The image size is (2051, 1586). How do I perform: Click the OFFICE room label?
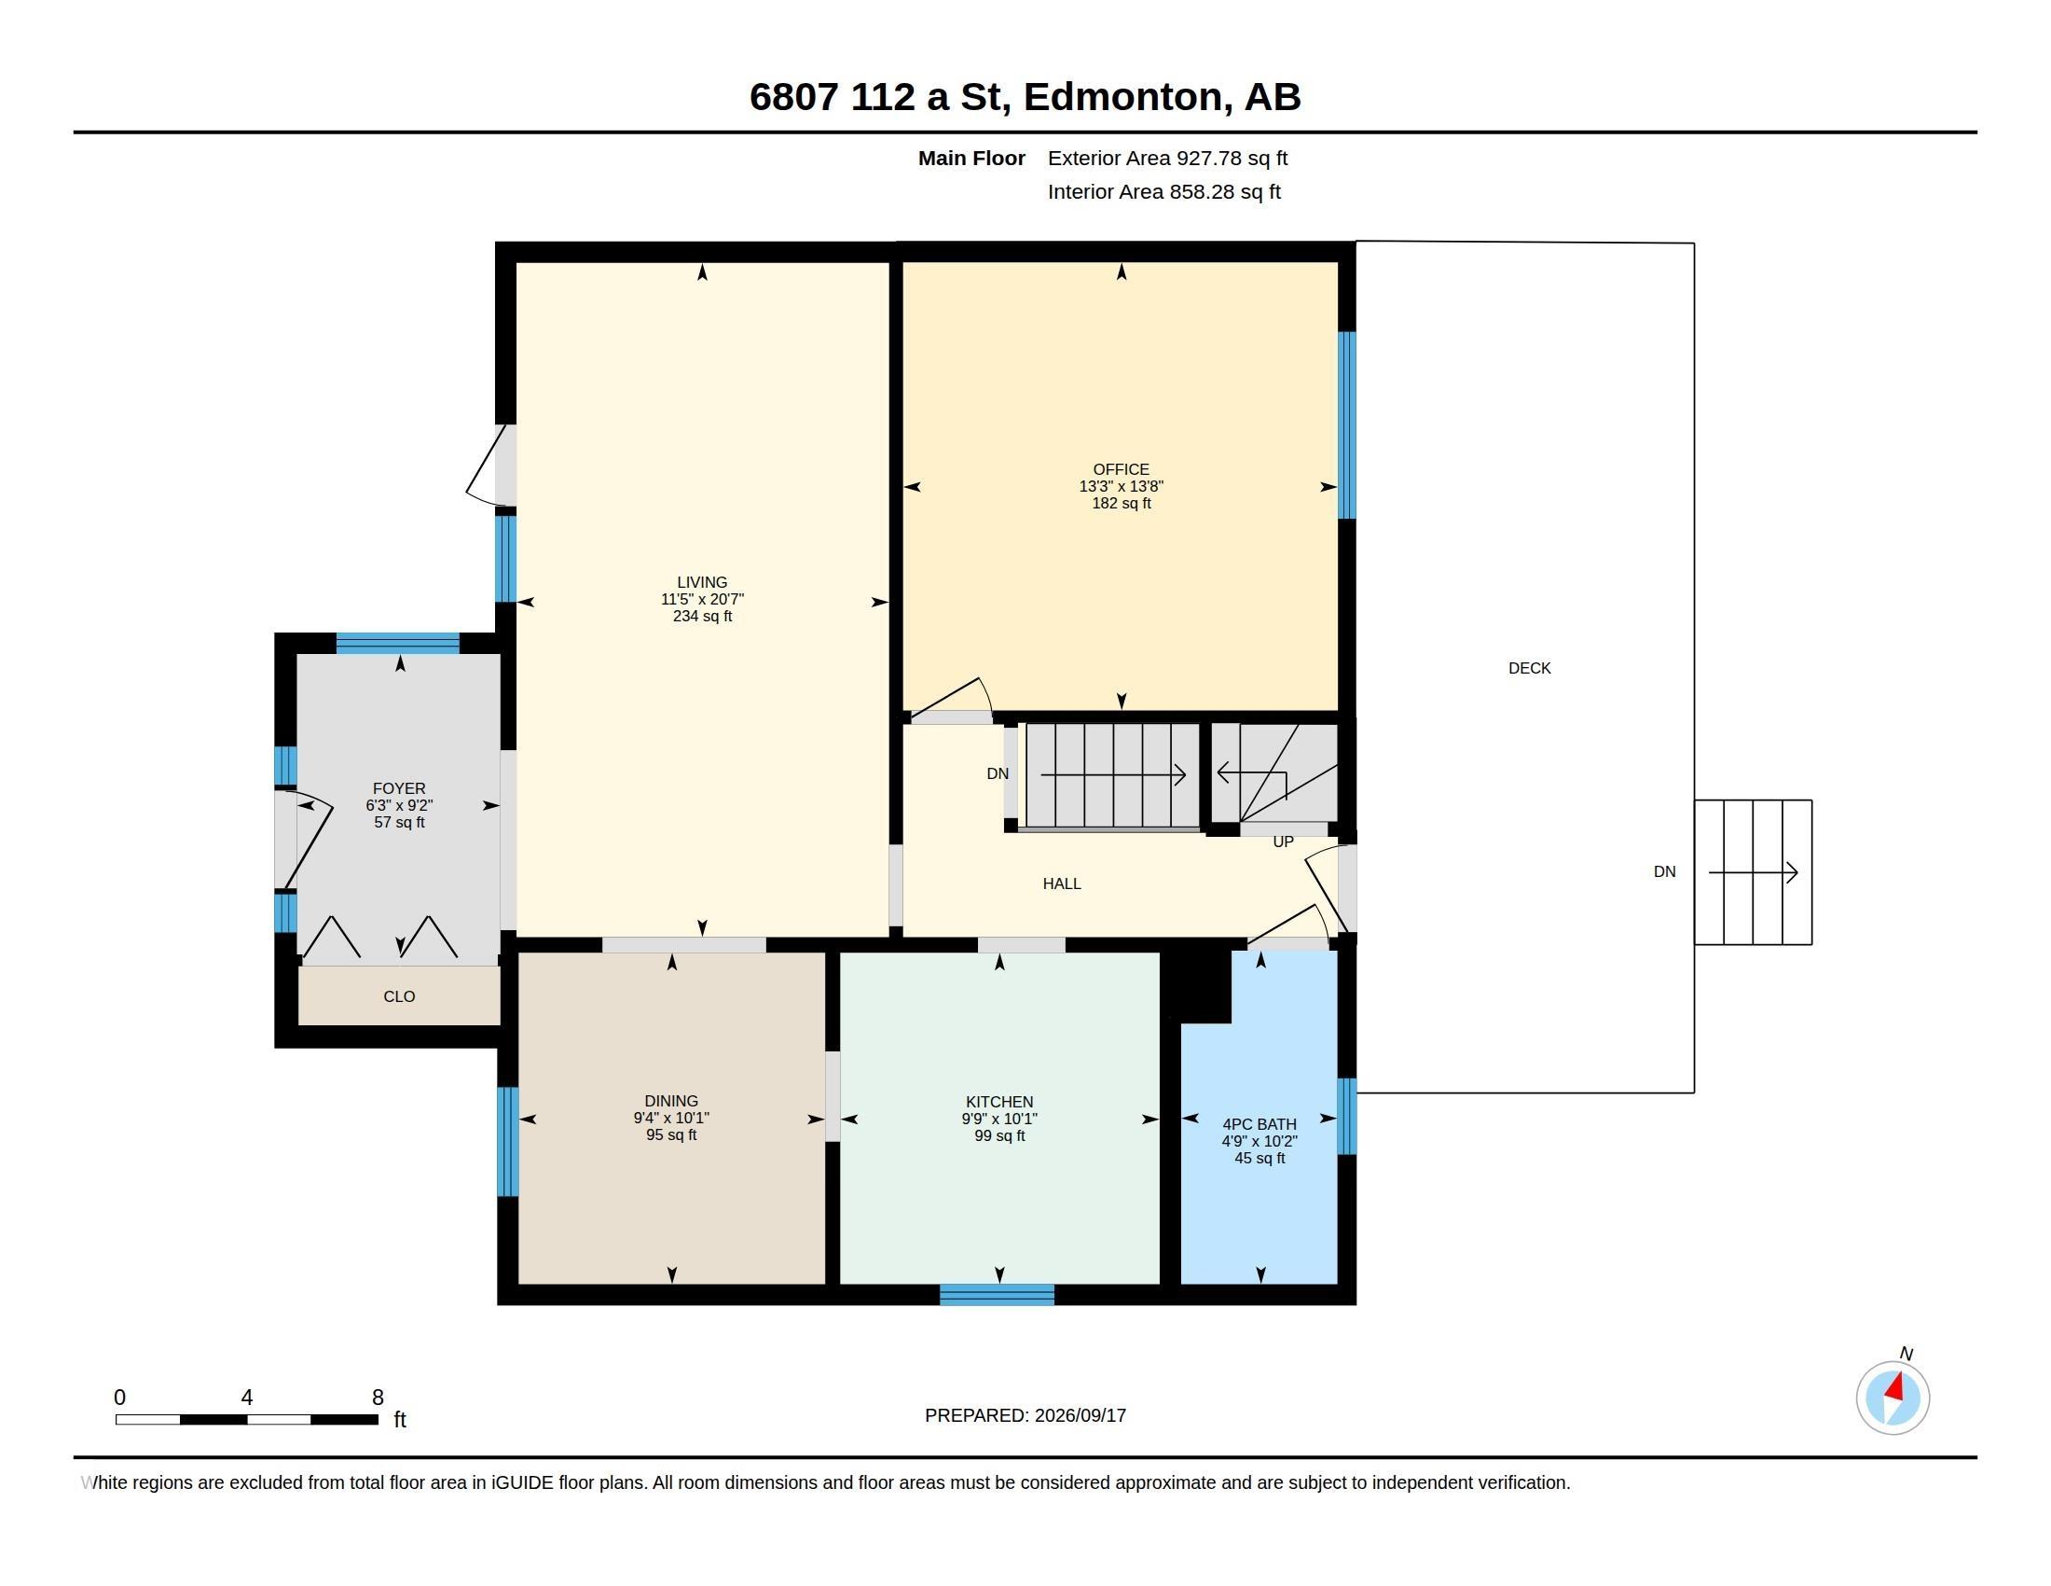pyautogui.click(x=1121, y=470)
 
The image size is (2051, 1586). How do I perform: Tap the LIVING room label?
pyautogui.click(x=701, y=582)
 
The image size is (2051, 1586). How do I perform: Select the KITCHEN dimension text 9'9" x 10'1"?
pyautogui.click(x=999, y=1119)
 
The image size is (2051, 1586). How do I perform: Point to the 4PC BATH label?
pyautogui.click(x=1260, y=1125)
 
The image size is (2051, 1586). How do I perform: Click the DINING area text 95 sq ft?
pyautogui.click(x=671, y=1135)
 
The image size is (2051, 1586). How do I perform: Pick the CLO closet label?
pyautogui.click(x=399, y=997)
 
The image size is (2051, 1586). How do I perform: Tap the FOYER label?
pyautogui.click(x=399, y=789)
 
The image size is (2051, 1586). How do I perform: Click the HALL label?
pyautogui.click(x=1061, y=884)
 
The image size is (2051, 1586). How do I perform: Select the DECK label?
pyautogui.click(x=1529, y=669)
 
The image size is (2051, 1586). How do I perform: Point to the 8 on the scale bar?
pyautogui.click(x=378, y=1398)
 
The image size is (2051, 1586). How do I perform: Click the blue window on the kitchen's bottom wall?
pyautogui.click(x=997, y=1295)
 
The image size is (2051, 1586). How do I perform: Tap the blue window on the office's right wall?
pyautogui.click(x=1347, y=424)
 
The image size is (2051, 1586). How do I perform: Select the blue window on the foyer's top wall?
pyautogui.click(x=398, y=644)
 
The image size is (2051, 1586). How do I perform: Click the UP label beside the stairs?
pyautogui.click(x=1283, y=842)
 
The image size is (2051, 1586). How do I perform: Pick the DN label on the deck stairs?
pyautogui.click(x=1664, y=872)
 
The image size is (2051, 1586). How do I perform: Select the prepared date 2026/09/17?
pyautogui.click(x=1080, y=1416)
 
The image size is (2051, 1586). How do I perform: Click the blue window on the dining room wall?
pyautogui.click(x=507, y=1142)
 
